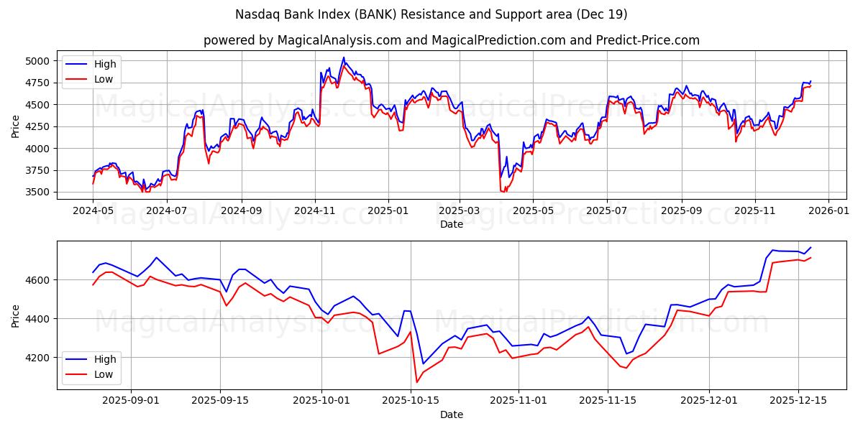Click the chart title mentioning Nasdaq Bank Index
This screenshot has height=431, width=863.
(x=431, y=14)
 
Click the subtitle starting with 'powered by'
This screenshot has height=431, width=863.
(x=451, y=40)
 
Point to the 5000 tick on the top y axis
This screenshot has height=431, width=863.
(x=39, y=61)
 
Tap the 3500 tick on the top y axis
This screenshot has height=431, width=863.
(x=39, y=193)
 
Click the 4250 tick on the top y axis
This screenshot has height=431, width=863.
(x=39, y=126)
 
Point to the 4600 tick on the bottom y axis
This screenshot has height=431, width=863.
(x=39, y=279)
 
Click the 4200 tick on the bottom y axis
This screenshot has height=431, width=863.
(x=39, y=358)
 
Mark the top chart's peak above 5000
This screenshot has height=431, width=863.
(x=344, y=57)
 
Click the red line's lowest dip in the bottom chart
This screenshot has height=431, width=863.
(x=416, y=382)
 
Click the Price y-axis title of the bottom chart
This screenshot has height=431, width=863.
(x=15, y=315)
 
